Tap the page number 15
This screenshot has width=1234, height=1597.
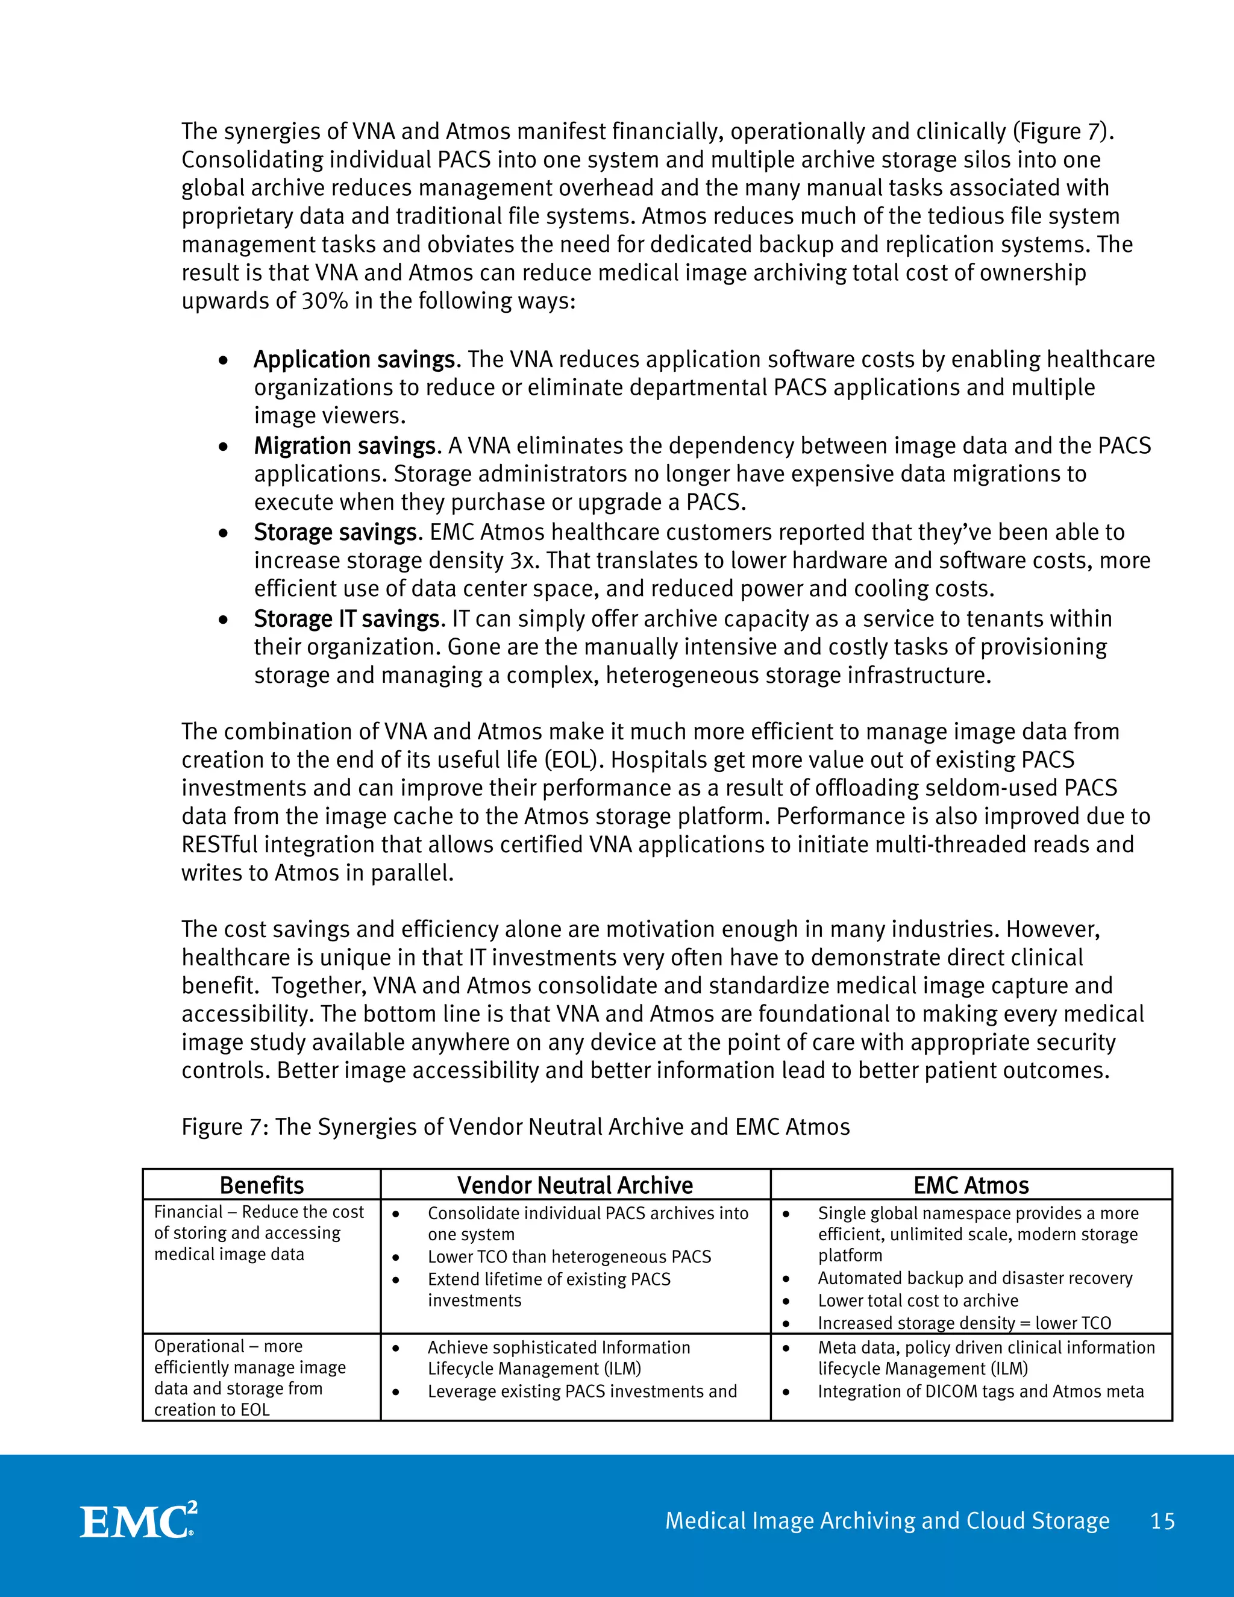coord(1162,1521)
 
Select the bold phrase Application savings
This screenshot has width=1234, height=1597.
coord(354,360)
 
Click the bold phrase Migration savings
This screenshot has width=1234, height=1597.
coord(345,446)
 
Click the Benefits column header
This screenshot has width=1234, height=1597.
coord(262,1185)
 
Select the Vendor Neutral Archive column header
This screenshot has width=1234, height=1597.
coord(575,1185)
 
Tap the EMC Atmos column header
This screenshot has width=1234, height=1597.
coord(971,1185)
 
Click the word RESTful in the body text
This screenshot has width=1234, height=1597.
coord(219,844)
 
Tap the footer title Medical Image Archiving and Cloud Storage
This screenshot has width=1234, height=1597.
coord(887,1521)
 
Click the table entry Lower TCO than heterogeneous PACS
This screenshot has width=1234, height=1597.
coord(569,1257)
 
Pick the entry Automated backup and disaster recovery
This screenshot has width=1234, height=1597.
coord(974,1278)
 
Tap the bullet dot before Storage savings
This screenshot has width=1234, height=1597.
coord(223,534)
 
